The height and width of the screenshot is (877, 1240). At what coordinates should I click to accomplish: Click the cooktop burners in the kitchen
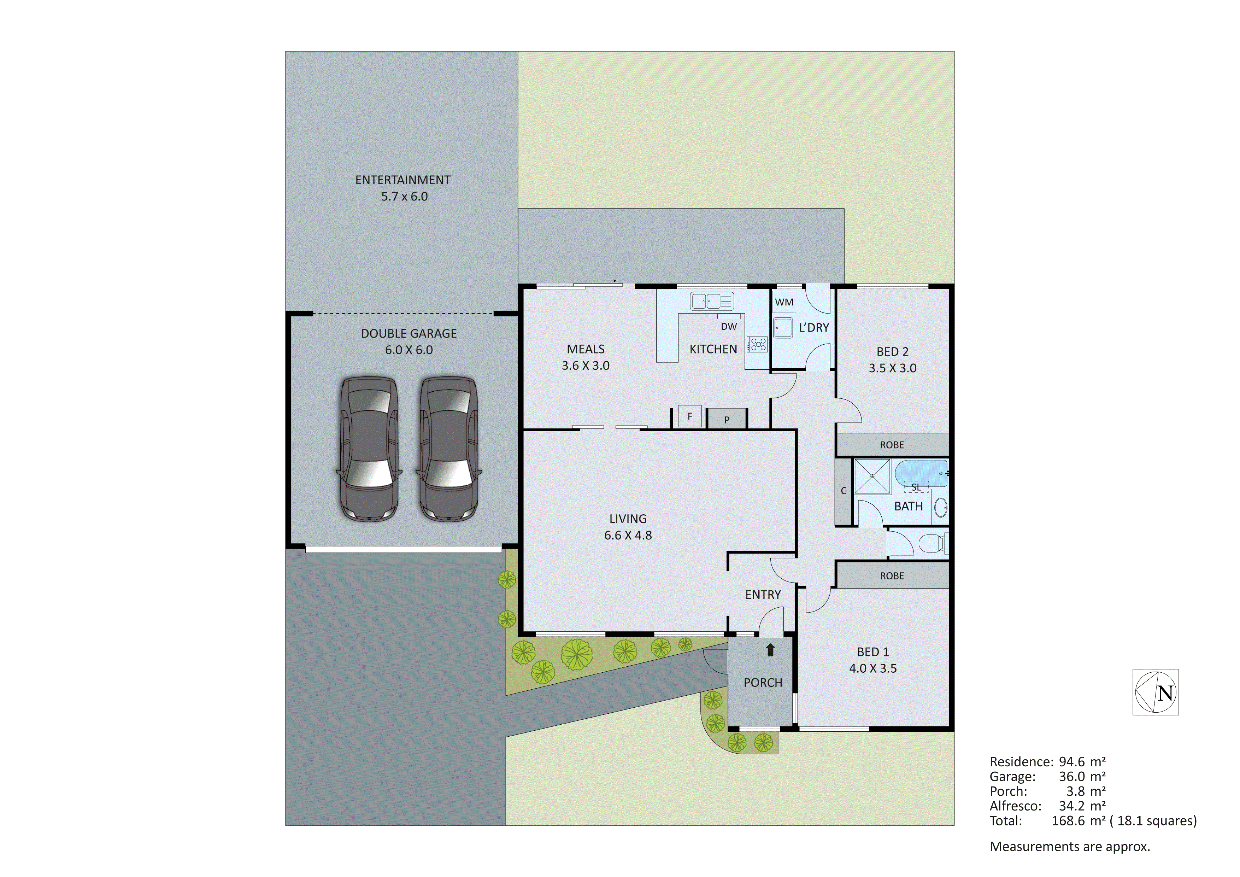tap(757, 344)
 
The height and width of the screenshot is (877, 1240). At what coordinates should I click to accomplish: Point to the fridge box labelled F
tap(690, 416)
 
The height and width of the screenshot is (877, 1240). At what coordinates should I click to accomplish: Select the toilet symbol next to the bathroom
tap(931, 543)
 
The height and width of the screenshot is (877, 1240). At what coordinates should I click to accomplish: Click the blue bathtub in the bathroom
tap(921, 473)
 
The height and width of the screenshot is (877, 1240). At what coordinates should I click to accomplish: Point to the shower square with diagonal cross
tap(872, 476)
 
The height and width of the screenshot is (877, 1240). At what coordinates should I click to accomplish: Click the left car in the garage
tap(369, 449)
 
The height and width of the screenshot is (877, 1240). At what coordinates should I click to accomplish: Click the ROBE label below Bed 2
tap(892, 445)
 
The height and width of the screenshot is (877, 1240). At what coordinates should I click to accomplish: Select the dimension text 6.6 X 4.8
tap(628, 535)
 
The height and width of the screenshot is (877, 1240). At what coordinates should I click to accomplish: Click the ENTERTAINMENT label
tap(402, 180)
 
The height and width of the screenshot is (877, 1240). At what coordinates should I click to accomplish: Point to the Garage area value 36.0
tap(1071, 777)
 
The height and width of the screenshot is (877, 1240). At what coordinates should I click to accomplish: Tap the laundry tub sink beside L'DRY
tap(783, 327)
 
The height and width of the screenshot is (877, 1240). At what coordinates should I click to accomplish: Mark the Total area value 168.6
tap(1068, 821)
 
